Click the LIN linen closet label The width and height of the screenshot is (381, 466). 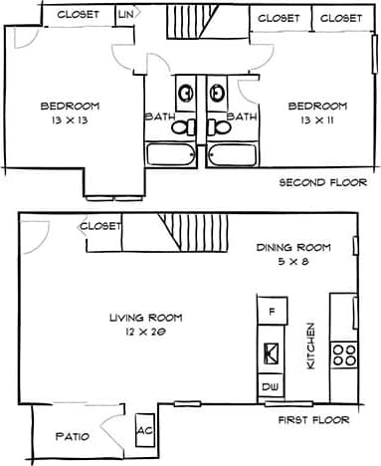coord(126,15)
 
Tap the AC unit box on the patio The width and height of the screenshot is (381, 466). coord(144,431)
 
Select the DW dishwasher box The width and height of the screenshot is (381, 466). coord(270,386)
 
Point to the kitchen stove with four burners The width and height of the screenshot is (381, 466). coord(343,356)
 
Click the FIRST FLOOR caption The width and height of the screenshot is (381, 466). coord(314,420)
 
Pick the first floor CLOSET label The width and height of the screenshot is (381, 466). coord(99,226)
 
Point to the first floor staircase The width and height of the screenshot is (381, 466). coord(189,231)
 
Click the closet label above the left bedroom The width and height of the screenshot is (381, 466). coord(76,15)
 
